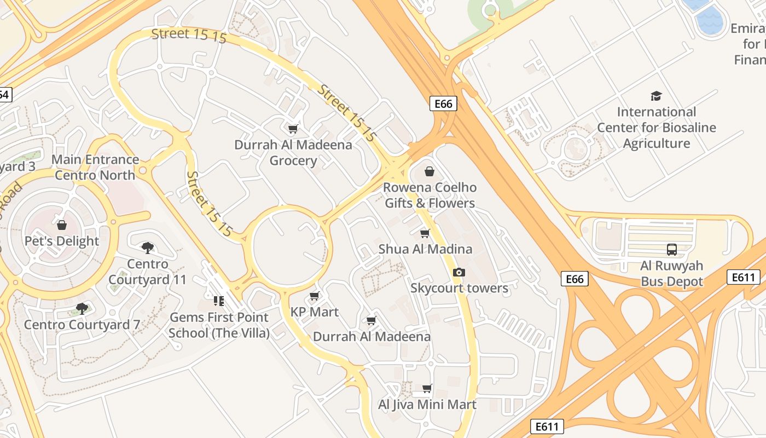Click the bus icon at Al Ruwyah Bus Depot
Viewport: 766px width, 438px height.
click(672, 250)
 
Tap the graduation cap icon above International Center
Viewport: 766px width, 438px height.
click(656, 96)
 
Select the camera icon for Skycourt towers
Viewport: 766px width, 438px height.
click(459, 272)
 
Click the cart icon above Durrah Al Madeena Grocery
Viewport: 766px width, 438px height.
click(293, 129)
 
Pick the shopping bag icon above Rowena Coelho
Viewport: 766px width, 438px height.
click(430, 171)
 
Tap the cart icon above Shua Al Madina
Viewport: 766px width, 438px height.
click(425, 233)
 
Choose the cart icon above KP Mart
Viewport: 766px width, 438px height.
click(314, 296)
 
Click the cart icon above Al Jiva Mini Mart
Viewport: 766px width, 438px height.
click(427, 388)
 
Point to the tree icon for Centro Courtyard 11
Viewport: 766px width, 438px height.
click(147, 248)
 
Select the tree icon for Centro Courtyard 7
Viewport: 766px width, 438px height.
click(82, 309)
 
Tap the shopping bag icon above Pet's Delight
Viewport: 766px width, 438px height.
click(62, 225)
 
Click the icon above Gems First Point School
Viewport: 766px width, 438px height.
click(219, 301)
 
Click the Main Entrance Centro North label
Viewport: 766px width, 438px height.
click(95, 168)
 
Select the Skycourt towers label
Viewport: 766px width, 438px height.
click(459, 288)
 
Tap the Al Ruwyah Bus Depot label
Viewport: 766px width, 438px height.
click(671, 274)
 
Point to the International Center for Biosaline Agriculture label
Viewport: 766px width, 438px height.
click(656, 128)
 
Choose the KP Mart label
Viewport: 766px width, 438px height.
click(315, 312)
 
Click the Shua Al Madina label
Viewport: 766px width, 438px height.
click(425, 249)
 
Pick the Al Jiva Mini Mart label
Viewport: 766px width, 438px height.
click(427, 405)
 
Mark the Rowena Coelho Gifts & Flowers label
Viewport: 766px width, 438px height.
click(430, 195)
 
